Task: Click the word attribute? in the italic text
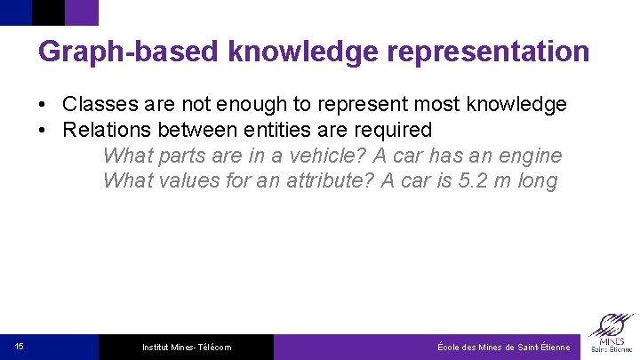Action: pos(326,181)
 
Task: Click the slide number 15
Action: pos(20,347)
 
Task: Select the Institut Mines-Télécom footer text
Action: pos(187,348)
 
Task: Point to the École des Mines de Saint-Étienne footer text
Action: pos(503,348)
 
